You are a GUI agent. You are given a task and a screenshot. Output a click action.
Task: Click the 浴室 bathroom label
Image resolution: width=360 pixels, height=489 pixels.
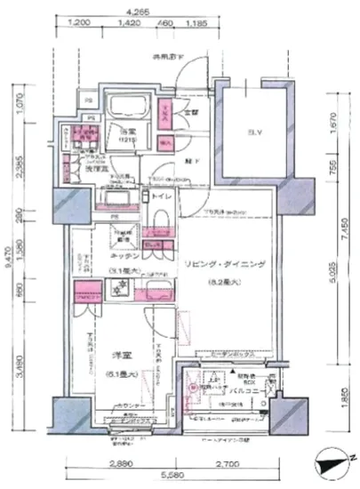point(130,133)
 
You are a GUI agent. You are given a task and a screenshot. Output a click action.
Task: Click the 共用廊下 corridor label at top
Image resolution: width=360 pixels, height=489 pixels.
point(167,58)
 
